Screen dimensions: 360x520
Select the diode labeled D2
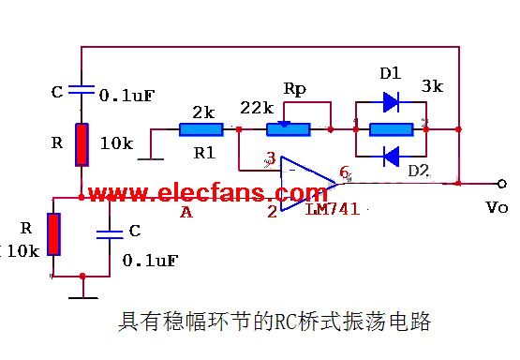pos(390,155)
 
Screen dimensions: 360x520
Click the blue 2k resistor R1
pos(201,130)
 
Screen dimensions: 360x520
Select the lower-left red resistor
pos(53,234)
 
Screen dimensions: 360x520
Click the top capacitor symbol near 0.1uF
pos(82,92)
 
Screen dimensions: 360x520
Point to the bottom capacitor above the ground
pos(111,231)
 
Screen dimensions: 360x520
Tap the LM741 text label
pos(333,206)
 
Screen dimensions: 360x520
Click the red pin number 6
pos(344,172)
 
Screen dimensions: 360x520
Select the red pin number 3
pos(271,159)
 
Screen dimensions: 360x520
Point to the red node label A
pos(186,212)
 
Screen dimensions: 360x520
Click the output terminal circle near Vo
pos(502,184)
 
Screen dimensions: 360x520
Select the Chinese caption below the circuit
pos(274,323)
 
